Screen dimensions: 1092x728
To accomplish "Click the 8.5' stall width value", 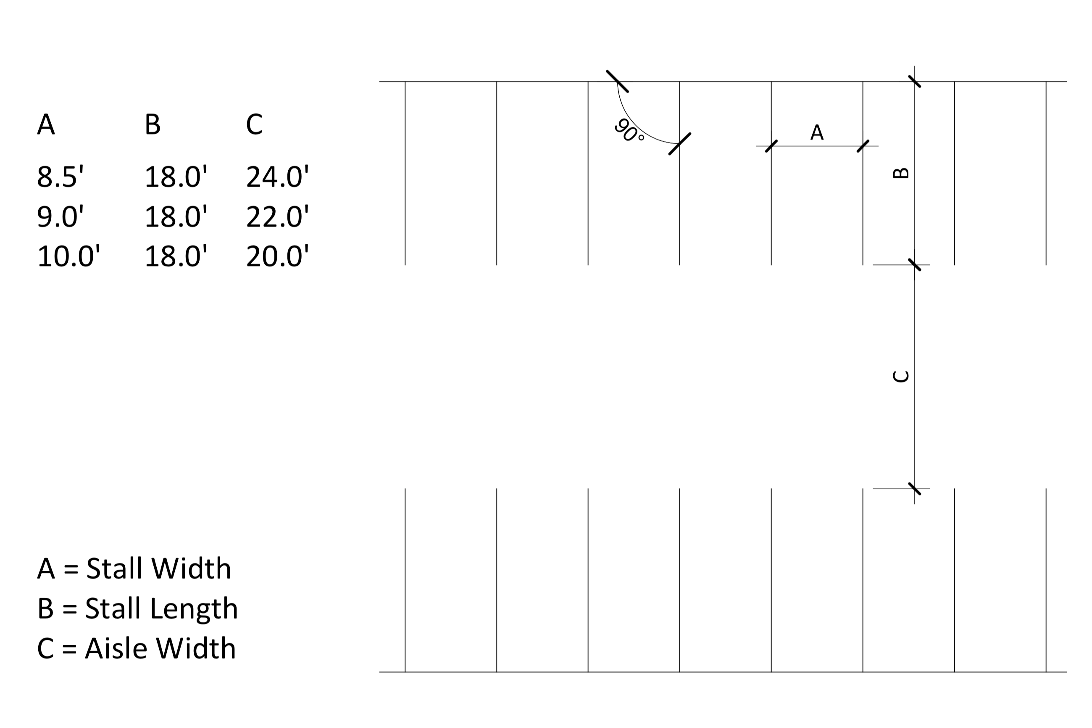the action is (61, 177).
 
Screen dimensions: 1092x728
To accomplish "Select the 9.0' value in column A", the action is (61, 216).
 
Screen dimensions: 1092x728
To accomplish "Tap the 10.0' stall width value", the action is (68, 256).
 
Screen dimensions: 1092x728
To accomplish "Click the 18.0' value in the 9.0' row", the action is (176, 216).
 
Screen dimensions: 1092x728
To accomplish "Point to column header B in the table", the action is (153, 124).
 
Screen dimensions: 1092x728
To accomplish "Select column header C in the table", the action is (254, 124).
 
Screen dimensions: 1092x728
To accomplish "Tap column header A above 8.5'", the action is (46, 124).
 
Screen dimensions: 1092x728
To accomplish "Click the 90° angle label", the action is (629, 130).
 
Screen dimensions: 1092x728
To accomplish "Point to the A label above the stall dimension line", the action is (817, 132).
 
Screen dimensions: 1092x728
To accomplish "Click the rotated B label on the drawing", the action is (901, 173).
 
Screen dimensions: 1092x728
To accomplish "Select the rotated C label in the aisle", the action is (901, 376).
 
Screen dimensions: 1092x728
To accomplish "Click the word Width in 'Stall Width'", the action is (191, 568).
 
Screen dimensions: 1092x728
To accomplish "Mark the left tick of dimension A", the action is (771, 146).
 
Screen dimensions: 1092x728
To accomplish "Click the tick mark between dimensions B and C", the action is (914, 265).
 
